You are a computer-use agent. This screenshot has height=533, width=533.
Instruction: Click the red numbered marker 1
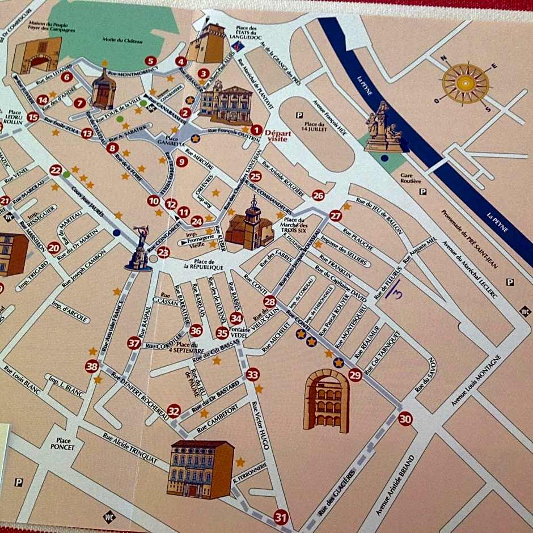point(256,130)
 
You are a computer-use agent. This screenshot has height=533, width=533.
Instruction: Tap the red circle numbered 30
point(405,419)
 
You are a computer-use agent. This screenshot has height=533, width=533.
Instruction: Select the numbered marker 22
point(56,170)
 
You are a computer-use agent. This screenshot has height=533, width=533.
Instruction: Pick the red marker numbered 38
point(92,367)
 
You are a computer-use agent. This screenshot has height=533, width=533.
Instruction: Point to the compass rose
point(465,84)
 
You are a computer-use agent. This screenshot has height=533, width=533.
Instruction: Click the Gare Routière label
point(411,178)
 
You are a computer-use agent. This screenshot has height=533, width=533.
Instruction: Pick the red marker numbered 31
point(281,517)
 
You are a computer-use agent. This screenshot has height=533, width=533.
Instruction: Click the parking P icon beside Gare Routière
point(422,192)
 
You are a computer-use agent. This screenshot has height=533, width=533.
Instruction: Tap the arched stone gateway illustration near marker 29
point(326,401)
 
